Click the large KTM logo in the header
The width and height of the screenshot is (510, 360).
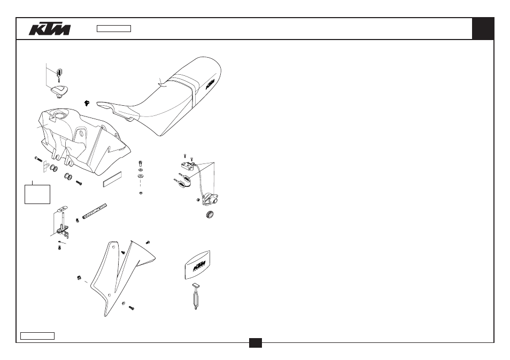(x=49, y=29)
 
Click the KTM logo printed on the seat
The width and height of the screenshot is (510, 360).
(x=210, y=84)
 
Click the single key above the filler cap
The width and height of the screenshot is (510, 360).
(x=59, y=75)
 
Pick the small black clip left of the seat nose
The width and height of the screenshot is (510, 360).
(x=87, y=103)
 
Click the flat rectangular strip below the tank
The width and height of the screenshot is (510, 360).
(x=113, y=179)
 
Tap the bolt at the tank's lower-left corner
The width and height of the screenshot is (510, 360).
(x=38, y=159)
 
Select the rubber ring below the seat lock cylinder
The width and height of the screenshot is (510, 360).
(x=211, y=214)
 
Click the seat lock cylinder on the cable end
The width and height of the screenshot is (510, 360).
(x=210, y=199)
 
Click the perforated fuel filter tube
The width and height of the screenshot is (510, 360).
(x=94, y=211)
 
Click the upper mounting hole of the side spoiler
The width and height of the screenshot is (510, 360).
(x=113, y=247)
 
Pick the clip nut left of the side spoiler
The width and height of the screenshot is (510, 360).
(x=79, y=278)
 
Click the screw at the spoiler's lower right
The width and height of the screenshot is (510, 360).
(x=132, y=307)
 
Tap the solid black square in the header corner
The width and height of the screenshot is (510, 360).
(x=483, y=29)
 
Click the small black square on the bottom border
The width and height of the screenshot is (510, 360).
(x=256, y=343)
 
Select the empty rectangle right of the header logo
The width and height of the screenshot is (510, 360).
(x=114, y=29)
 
